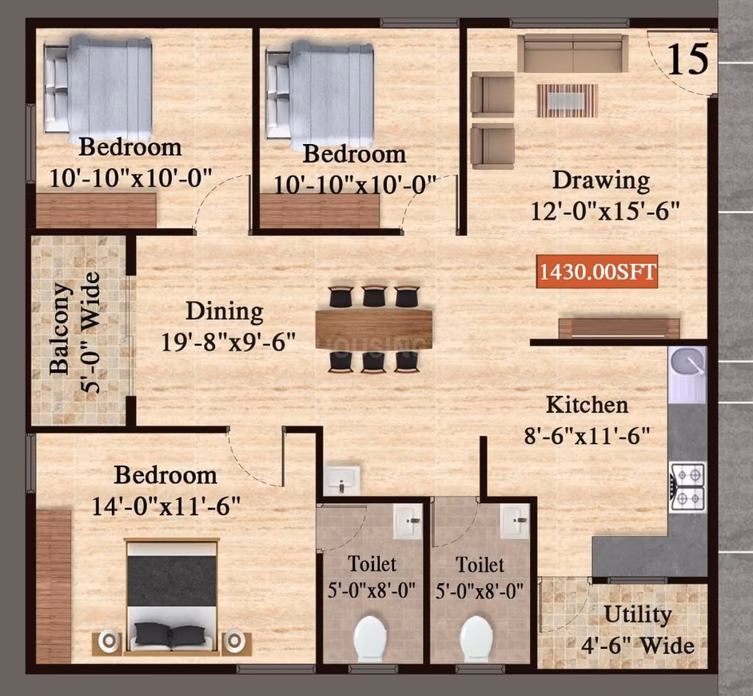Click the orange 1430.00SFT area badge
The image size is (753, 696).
(x=597, y=271)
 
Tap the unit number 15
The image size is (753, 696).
(x=688, y=59)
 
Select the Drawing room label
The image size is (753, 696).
(x=601, y=182)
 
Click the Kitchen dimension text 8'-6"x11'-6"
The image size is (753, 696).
(x=587, y=436)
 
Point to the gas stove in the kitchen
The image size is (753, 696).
(x=687, y=487)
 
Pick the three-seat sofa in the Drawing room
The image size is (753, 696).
(x=573, y=54)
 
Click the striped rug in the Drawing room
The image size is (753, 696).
(x=568, y=101)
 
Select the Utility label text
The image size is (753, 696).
(x=638, y=614)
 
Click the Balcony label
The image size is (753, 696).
(x=59, y=328)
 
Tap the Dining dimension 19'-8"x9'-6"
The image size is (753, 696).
(x=228, y=342)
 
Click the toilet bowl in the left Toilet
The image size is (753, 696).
(x=370, y=639)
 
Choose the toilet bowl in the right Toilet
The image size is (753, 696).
(x=476, y=639)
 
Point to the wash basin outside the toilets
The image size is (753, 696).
(x=341, y=480)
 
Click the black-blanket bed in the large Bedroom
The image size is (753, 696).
(x=171, y=597)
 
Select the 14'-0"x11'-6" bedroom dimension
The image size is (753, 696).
(x=166, y=506)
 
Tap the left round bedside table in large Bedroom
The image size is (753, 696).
(x=110, y=641)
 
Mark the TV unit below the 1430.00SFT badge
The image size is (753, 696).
(x=619, y=329)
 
